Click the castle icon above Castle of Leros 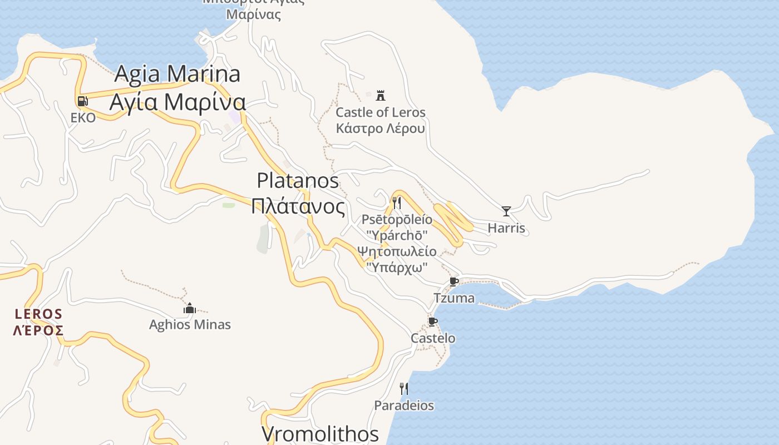pos(381,95)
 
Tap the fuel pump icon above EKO pos(82,101)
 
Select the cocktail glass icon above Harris pos(506,211)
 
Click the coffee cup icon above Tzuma pos(454,281)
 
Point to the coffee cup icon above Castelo pos(433,322)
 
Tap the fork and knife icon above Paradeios pos(404,388)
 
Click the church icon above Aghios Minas pos(190,308)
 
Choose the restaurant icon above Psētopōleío pos(397,202)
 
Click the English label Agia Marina pos(178,73)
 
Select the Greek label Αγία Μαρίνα pos(178,102)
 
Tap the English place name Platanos pos(298,180)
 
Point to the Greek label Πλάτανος pos(298,206)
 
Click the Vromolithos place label pos(320,434)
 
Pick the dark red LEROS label pos(38,314)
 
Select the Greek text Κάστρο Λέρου pos(381,128)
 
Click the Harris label pos(506,228)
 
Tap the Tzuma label pos(454,298)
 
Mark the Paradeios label pos(404,406)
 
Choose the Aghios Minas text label pos(190,325)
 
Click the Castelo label pos(433,338)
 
